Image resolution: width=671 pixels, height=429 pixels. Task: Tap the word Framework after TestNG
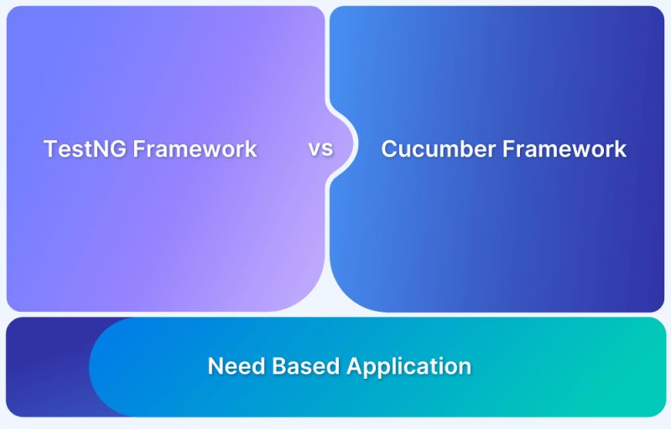tap(195, 149)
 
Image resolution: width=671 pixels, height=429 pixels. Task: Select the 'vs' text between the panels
tap(320, 149)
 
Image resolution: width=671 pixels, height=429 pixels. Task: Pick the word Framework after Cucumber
tap(564, 149)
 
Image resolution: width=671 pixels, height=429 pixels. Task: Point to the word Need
tap(233, 366)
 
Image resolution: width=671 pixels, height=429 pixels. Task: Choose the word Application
tap(409, 367)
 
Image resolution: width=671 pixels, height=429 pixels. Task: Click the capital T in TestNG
tap(49, 149)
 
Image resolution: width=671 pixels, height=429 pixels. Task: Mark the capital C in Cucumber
tap(389, 149)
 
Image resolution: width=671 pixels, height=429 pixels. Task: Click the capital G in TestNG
tap(118, 149)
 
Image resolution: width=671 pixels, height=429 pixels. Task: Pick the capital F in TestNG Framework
tap(139, 149)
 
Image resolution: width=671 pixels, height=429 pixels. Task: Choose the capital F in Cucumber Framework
tap(507, 149)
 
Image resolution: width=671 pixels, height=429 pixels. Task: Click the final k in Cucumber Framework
tap(621, 149)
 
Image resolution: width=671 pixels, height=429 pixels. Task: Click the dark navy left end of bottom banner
tap(42, 367)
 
